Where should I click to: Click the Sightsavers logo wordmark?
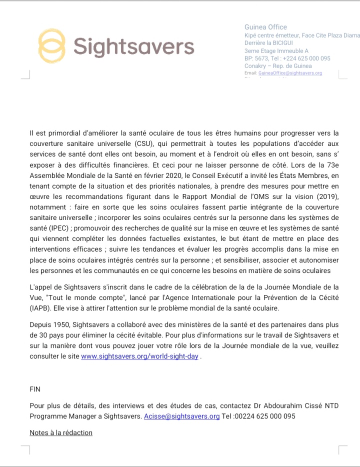point(133,46)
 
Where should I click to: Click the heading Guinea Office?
point(265,27)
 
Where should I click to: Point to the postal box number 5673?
point(263,58)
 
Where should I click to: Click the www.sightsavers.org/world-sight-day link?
point(139,356)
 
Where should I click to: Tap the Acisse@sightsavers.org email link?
point(181,416)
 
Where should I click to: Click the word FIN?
point(35,389)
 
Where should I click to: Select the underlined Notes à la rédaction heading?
point(61,432)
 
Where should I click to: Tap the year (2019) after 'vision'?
point(327,196)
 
